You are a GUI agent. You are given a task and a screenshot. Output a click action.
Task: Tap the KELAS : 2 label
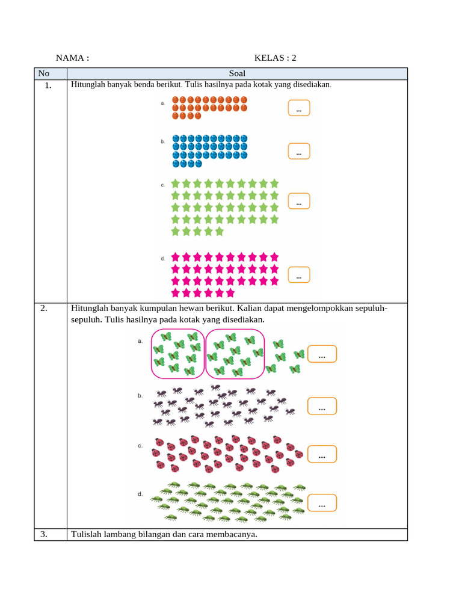click(275, 58)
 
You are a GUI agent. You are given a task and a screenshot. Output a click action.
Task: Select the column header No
click(44, 73)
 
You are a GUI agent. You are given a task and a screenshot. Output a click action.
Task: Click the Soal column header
click(237, 73)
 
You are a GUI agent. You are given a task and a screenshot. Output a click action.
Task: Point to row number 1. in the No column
click(48, 85)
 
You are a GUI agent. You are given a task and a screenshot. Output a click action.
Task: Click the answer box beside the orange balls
click(299, 108)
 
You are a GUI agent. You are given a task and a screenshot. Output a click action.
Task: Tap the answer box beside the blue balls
click(299, 152)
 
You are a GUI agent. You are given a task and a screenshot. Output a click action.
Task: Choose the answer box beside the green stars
click(299, 202)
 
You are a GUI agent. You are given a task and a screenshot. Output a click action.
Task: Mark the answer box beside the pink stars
click(299, 275)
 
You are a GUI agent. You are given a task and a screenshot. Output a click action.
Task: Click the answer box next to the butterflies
click(322, 355)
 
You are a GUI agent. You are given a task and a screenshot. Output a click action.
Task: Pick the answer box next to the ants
click(322, 407)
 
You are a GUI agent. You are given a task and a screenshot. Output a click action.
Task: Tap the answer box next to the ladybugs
click(322, 455)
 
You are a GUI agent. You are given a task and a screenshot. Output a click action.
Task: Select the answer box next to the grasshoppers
click(322, 504)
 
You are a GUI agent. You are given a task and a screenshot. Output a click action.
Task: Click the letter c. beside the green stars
click(162, 185)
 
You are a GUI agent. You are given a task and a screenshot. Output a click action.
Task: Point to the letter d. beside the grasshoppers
click(140, 494)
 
